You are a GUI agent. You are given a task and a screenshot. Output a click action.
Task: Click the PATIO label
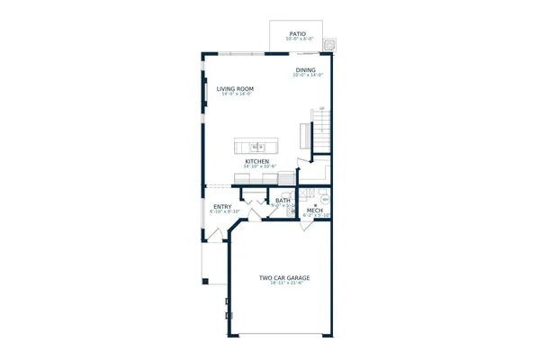(297, 33)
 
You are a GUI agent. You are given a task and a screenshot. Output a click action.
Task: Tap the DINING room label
(306, 70)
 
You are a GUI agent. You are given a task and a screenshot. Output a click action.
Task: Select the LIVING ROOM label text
(235, 88)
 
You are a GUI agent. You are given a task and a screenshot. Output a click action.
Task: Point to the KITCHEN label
(256, 162)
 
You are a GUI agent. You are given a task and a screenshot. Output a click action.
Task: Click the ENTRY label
(221, 207)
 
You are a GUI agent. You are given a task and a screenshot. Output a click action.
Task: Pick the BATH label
(283, 201)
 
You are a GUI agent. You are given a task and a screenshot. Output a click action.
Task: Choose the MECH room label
(314, 211)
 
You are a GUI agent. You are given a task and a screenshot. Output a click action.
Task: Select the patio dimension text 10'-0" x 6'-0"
(297, 39)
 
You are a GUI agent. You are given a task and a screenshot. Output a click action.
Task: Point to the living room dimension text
(235, 94)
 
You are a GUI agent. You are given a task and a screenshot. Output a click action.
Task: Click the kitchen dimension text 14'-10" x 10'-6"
(256, 167)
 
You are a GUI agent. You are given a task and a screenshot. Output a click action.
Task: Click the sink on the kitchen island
(256, 146)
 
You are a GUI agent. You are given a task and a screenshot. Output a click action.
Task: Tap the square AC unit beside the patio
(330, 41)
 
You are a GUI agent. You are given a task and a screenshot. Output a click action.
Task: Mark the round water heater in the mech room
(325, 200)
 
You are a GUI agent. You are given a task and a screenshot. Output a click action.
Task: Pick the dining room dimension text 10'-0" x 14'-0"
(306, 76)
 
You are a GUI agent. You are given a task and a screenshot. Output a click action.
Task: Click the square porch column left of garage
(204, 283)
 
